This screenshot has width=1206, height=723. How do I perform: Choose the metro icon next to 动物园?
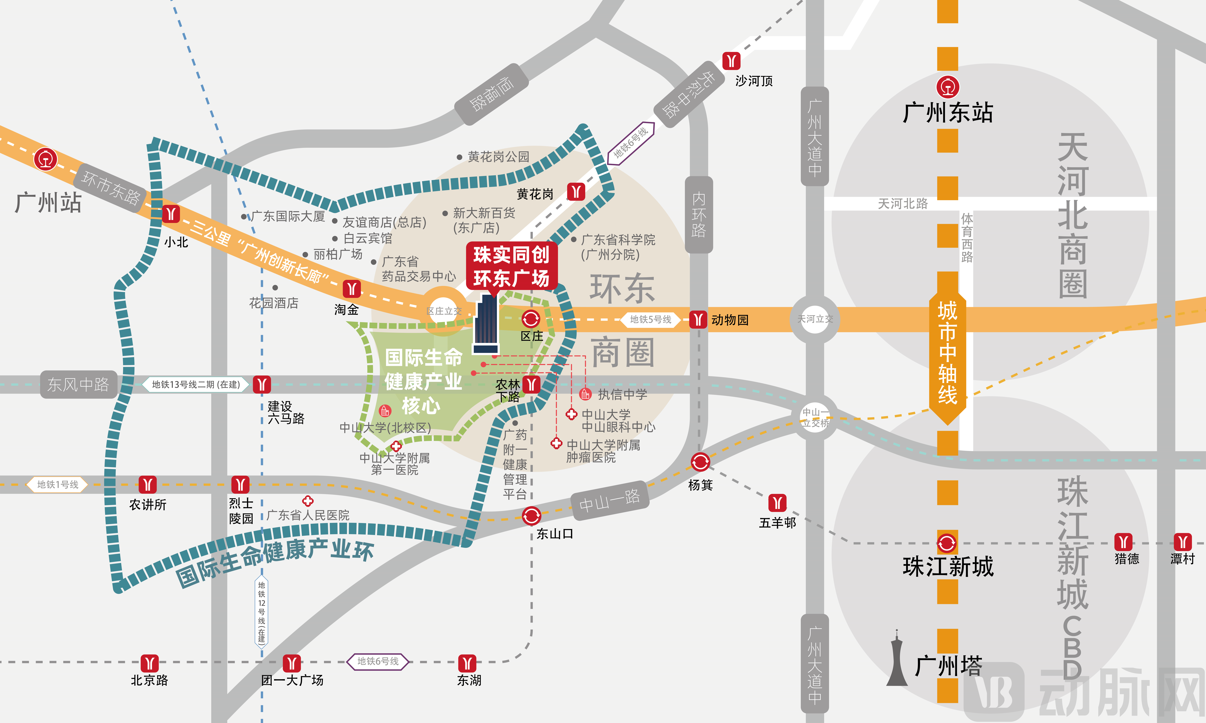[x=698, y=320]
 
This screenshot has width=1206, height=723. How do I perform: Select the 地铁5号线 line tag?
[x=650, y=320]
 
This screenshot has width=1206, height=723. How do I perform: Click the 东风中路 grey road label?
[x=78, y=384]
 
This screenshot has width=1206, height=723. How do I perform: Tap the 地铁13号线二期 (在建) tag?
[x=196, y=384]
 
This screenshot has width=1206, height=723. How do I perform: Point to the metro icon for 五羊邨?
[x=777, y=503]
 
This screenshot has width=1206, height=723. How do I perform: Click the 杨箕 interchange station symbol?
[x=700, y=462]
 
